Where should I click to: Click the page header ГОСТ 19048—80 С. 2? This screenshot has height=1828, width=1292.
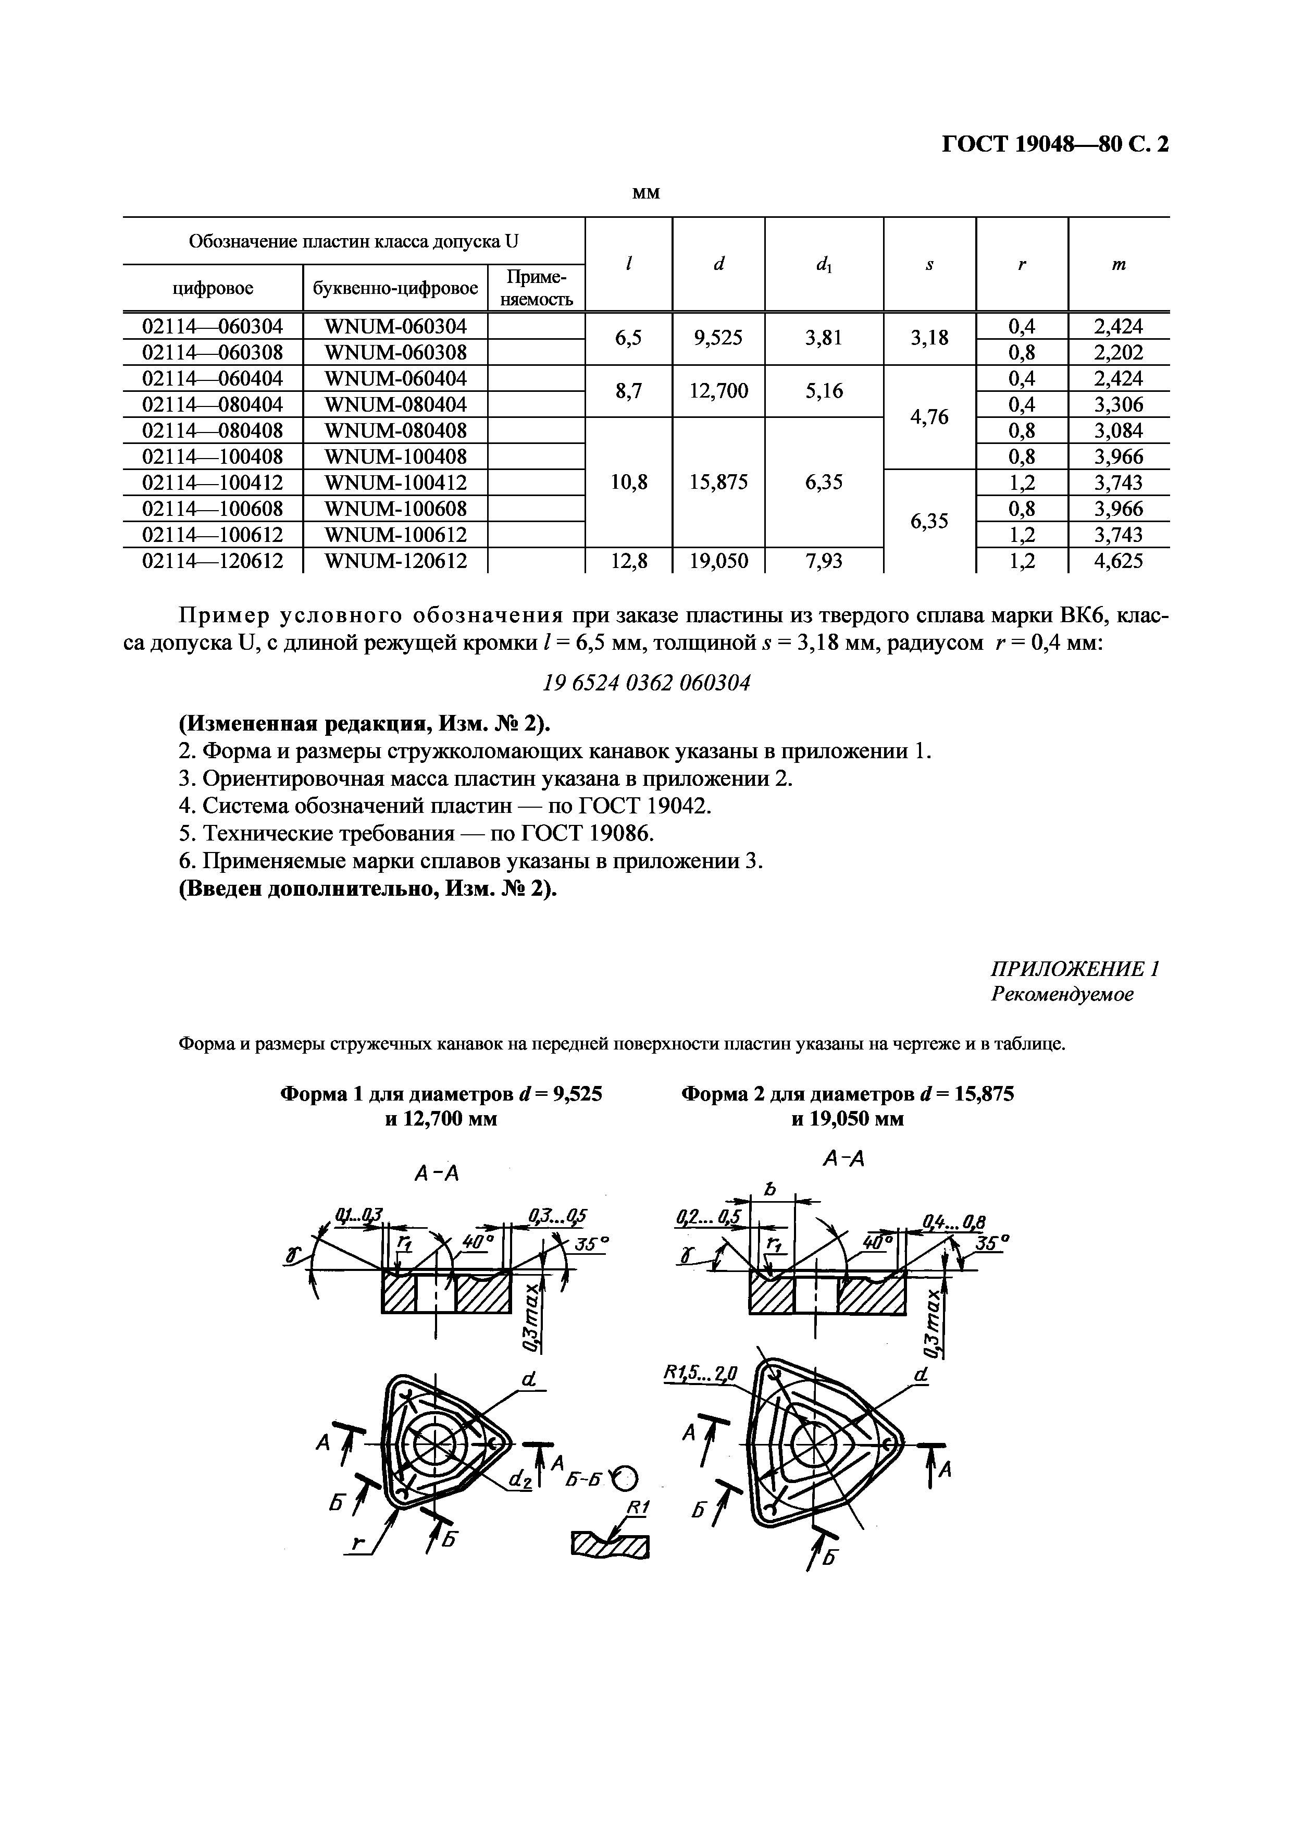tap(1055, 144)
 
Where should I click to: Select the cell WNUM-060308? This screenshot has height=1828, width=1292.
tap(395, 352)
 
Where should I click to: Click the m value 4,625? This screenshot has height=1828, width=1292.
tap(1119, 561)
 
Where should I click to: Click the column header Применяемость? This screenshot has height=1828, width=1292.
tap(536, 288)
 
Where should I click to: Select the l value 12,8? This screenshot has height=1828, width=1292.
tap(628, 561)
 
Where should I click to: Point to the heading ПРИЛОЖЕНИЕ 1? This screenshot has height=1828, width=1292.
tap(1075, 969)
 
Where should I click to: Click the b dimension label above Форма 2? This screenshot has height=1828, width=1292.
tap(769, 1190)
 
